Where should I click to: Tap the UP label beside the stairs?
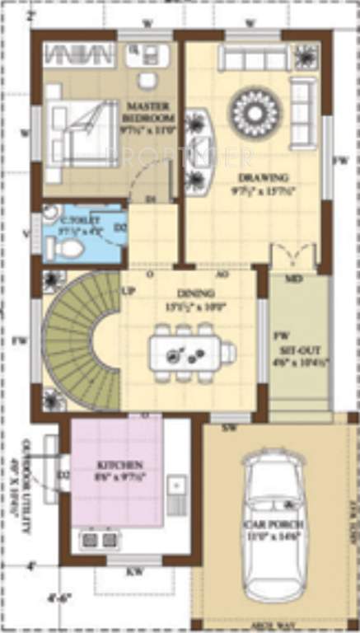pos(129,293)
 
